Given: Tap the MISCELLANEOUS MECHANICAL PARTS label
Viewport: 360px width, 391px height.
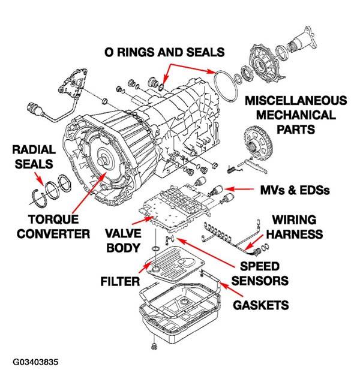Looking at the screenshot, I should click(x=295, y=114).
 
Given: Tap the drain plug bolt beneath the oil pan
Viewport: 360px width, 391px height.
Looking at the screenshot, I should click(x=154, y=346).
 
